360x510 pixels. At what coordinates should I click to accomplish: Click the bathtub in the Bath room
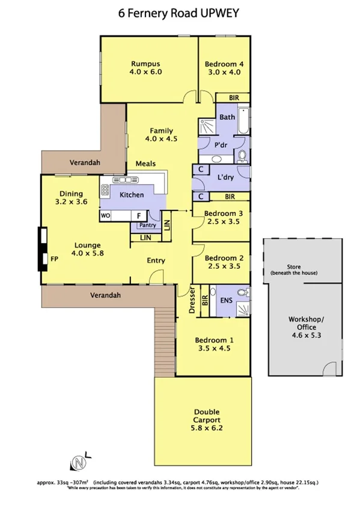pyautogui.click(x=243, y=120)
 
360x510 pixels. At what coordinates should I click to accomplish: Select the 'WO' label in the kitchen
pyautogui.click(x=106, y=215)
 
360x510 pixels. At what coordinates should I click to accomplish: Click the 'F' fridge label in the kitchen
pyautogui.click(x=138, y=215)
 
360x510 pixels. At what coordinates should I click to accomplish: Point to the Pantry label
pyautogui.click(x=147, y=226)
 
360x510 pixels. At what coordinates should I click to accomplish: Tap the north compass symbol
pyautogui.click(x=78, y=462)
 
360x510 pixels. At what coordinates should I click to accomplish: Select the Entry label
pyautogui.click(x=156, y=260)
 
